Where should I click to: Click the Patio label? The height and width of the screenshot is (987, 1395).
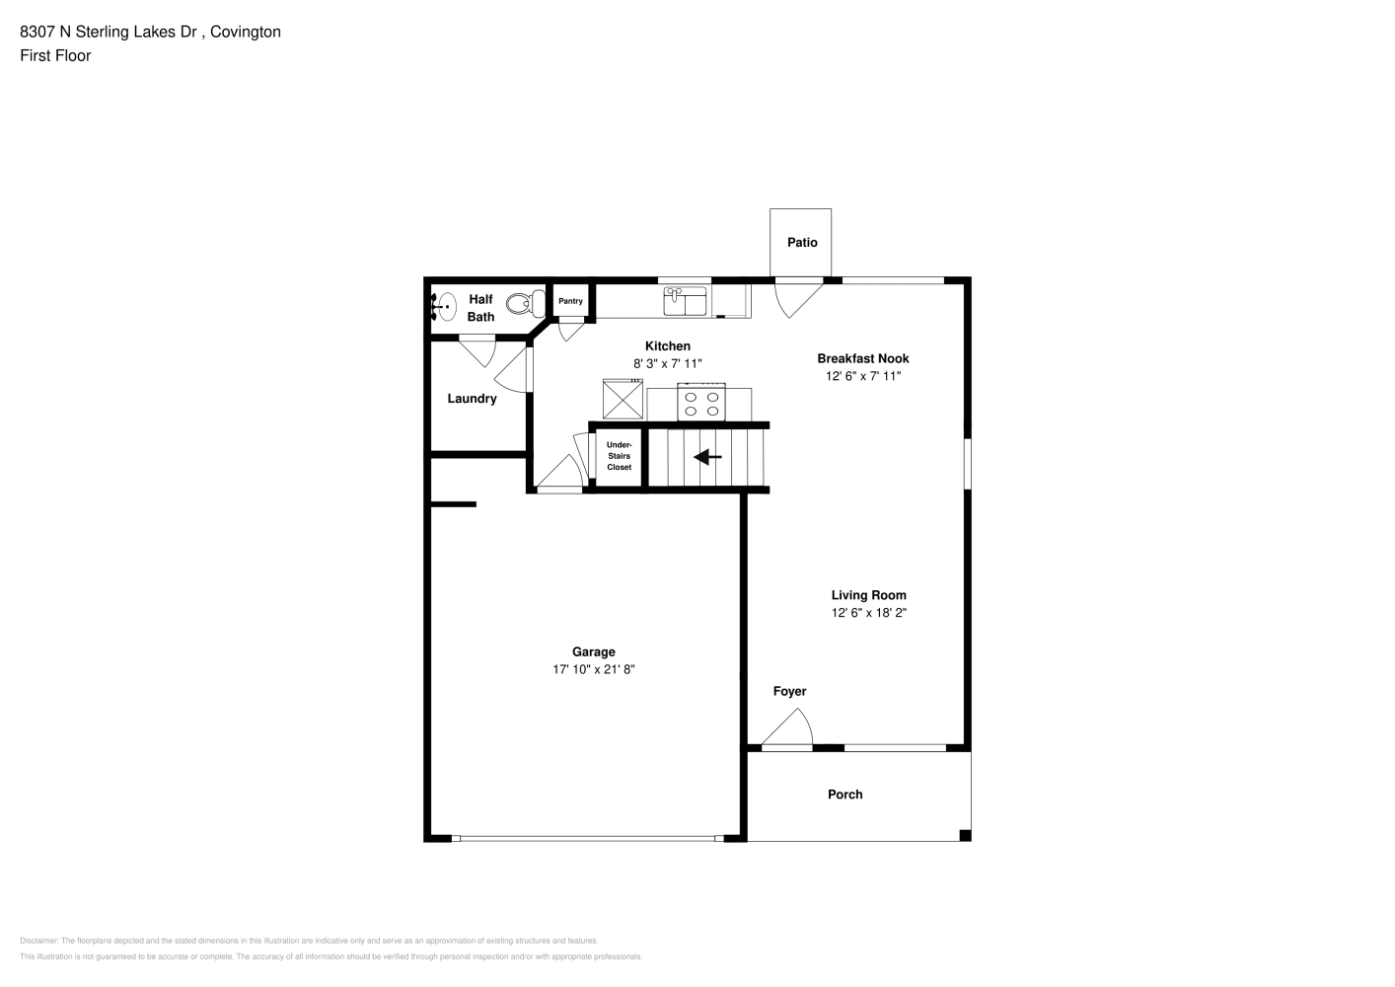(x=801, y=243)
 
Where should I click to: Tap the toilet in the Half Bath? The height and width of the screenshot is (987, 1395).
(x=525, y=304)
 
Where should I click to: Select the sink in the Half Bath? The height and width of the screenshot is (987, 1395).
(x=445, y=307)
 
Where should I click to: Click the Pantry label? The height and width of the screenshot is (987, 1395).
(x=570, y=301)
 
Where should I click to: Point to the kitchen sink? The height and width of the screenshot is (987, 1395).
(x=685, y=301)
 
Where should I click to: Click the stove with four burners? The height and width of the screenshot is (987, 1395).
(x=701, y=403)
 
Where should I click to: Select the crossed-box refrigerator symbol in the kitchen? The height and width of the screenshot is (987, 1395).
(x=623, y=399)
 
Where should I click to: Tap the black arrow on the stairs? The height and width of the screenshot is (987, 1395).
(x=707, y=457)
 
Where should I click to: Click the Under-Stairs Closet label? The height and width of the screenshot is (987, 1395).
(x=619, y=456)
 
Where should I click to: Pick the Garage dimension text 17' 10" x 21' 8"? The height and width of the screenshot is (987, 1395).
(x=594, y=669)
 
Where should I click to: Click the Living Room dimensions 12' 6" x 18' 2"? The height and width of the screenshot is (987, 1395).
(x=869, y=613)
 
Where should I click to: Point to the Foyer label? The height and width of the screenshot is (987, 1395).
(x=789, y=691)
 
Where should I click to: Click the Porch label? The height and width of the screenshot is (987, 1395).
(x=845, y=795)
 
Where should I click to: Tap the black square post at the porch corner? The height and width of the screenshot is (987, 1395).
(x=965, y=836)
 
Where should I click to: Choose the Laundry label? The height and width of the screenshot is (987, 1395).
(x=472, y=399)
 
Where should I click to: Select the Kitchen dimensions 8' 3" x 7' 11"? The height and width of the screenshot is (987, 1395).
(x=668, y=363)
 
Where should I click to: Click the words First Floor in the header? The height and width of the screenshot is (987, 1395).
(x=55, y=55)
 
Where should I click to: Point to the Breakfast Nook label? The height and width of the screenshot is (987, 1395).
(x=863, y=358)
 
